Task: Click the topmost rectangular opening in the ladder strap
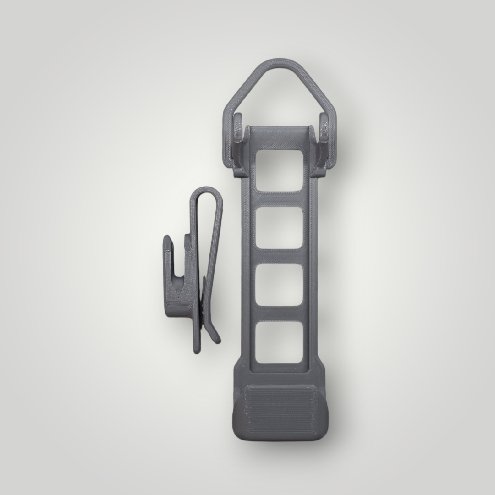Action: pos(280,170)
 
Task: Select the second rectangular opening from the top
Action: pos(280,228)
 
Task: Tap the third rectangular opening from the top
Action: pos(280,285)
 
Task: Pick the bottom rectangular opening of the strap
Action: pos(280,342)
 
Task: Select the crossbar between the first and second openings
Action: pos(280,199)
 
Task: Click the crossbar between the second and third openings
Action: pos(280,256)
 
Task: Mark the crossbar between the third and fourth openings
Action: pos(280,313)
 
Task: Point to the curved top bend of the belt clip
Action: pos(206,192)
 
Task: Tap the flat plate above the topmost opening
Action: pos(280,137)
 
